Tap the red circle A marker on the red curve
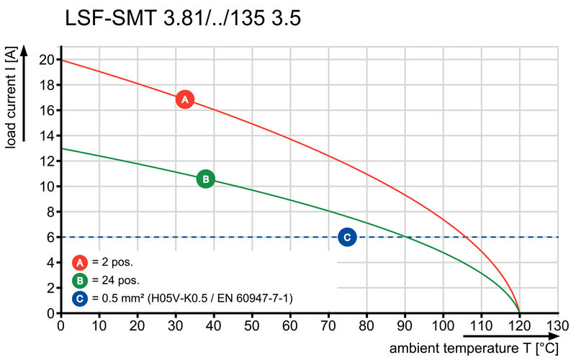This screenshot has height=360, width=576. coord(185,99)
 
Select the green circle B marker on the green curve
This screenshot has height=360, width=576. coord(205,179)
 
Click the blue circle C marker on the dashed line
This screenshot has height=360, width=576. coord(347,237)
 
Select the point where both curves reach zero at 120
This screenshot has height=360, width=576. coord(519,312)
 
